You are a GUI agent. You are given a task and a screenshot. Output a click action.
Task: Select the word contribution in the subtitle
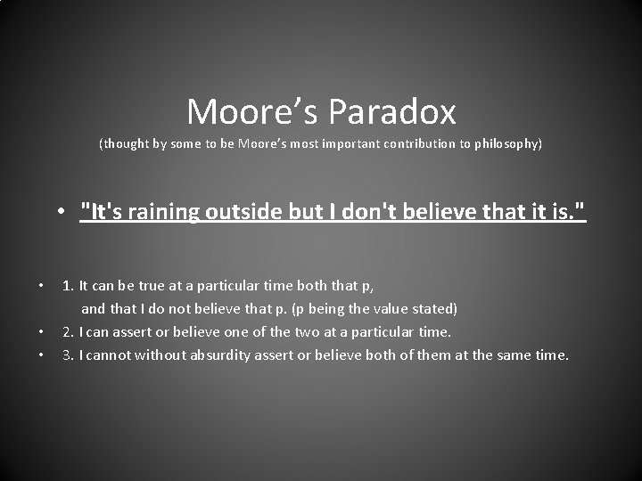coord(423,143)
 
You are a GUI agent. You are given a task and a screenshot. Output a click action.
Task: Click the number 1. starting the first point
coord(68,286)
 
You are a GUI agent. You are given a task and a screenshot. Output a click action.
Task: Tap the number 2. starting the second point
coord(68,332)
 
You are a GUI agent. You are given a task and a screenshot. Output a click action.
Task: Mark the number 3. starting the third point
coord(68,355)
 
